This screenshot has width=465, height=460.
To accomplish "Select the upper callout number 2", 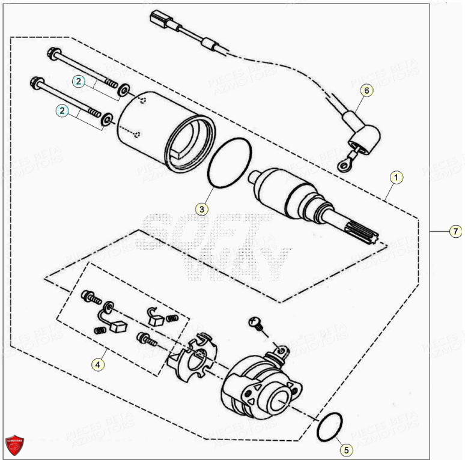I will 79,80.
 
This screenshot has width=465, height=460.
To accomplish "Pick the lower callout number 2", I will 62,110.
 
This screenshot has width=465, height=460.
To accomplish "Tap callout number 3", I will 202,209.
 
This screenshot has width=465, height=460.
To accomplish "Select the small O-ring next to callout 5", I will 329,426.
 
